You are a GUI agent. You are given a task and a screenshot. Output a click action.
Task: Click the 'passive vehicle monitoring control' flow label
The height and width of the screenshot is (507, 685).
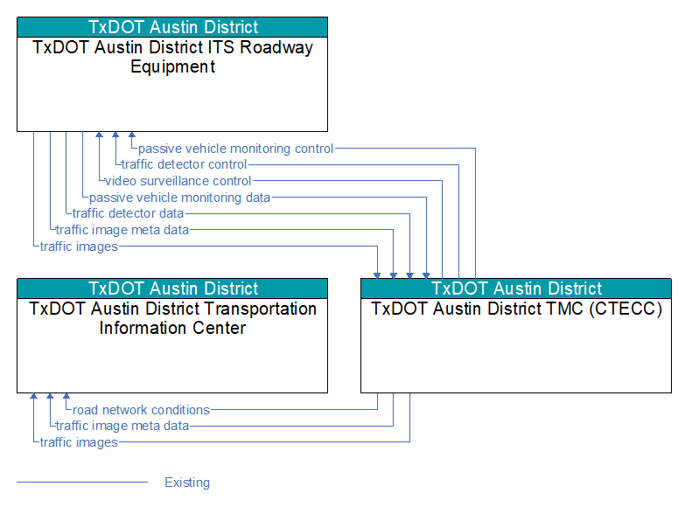[236, 149]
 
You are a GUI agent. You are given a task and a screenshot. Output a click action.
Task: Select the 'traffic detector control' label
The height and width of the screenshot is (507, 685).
[184, 164]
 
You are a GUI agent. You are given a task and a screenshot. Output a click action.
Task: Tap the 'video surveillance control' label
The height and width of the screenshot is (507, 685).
[178, 181]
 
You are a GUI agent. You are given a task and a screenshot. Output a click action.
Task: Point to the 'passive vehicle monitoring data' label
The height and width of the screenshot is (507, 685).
[179, 198]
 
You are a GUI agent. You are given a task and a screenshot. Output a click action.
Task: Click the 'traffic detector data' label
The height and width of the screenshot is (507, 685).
[128, 213]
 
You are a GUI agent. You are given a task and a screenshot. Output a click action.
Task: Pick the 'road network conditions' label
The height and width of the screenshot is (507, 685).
[141, 410]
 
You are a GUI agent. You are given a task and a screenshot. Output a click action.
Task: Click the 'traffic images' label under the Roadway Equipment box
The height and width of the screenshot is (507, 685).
[79, 247]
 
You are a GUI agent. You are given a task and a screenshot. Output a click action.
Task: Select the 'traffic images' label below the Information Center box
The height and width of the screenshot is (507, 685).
[79, 442]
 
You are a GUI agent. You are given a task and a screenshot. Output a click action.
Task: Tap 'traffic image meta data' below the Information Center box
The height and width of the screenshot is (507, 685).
[122, 426]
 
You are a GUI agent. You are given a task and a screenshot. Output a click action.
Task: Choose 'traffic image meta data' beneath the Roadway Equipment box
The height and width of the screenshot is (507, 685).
[122, 230]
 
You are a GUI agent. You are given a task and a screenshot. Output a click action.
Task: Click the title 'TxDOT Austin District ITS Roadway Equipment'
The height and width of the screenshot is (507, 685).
[172, 57]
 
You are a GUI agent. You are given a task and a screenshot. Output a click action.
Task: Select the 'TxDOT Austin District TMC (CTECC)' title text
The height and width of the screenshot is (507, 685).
[516, 309]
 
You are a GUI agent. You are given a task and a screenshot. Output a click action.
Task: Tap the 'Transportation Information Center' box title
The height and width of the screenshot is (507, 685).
[172, 318]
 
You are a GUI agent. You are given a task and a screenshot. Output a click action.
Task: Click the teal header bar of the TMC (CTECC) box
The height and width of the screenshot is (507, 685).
[516, 288]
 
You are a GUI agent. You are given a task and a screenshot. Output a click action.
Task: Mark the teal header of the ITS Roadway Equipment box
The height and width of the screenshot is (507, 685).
[172, 27]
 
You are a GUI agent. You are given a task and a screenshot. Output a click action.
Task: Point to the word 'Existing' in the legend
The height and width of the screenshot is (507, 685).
[187, 483]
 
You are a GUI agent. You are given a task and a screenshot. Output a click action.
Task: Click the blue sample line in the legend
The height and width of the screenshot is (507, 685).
[82, 483]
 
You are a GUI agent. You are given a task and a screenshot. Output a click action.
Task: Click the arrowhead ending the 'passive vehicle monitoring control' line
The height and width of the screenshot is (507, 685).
[132, 135]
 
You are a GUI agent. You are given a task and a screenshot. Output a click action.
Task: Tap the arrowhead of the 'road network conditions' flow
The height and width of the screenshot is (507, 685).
[66, 396]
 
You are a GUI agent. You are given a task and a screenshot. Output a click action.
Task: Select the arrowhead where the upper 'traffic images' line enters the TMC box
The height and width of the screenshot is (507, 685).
[377, 275]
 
